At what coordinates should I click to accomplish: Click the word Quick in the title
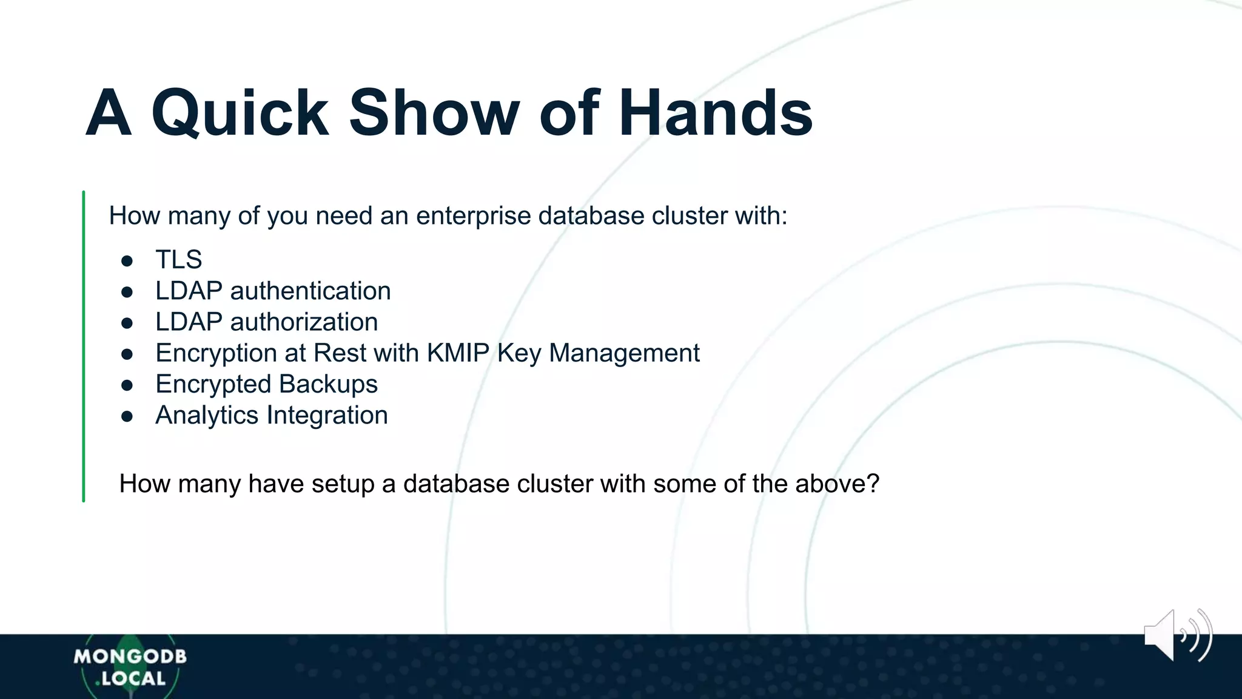[240, 113]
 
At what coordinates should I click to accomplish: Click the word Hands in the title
[716, 113]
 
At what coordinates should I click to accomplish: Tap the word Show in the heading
[434, 113]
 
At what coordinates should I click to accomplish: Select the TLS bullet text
[178, 260]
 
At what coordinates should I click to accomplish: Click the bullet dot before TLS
[127, 261]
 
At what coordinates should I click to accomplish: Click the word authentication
[310, 291]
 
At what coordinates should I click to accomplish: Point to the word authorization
[304, 322]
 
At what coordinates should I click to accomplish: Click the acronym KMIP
[458, 353]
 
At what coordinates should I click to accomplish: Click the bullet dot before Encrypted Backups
[127, 385]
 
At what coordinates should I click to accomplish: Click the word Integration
[327, 416]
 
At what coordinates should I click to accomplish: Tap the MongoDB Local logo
[130, 667]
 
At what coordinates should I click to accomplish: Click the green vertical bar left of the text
[84, 346]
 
